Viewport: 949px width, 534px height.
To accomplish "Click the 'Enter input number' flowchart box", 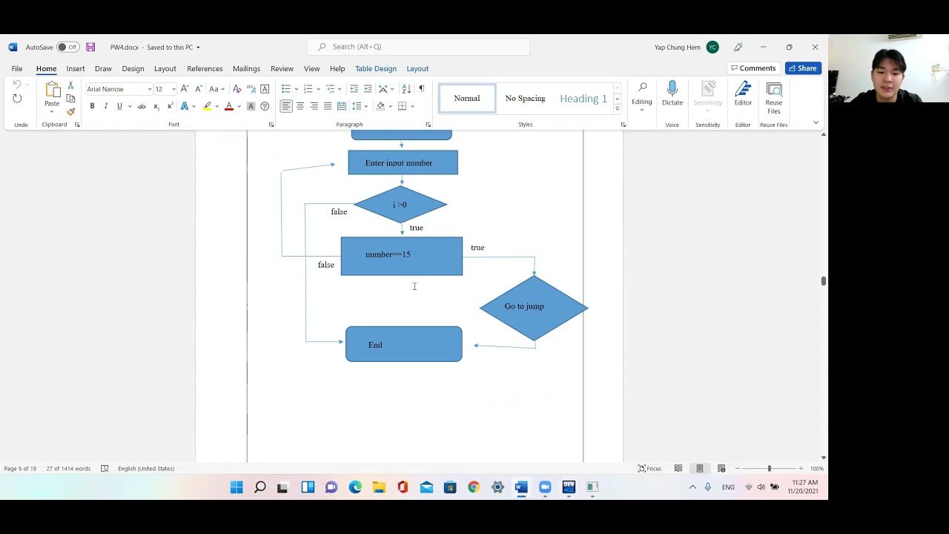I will coord(403,163).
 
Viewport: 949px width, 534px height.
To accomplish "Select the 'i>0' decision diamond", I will coord(400,205).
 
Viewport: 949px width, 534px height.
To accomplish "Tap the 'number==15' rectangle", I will coord(401,256).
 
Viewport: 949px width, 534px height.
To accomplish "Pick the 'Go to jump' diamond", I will coord(533,307).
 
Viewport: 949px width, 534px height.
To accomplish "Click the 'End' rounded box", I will coord(403,344).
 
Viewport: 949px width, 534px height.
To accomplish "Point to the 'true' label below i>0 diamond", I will coord(416,228).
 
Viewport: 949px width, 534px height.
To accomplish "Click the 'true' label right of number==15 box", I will coord(477,248).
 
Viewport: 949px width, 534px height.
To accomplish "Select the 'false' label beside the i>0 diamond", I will coord(339,212).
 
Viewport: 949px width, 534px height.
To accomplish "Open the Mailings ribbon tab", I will coord(246,68).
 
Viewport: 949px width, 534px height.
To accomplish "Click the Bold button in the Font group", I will coord(92,106).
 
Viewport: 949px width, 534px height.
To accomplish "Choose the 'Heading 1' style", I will coord(583,99).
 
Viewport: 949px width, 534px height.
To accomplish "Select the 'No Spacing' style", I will coord(525,99).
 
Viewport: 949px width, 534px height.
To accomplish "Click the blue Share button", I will coord(803,68).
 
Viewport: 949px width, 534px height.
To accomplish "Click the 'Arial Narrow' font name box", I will coord(116,89).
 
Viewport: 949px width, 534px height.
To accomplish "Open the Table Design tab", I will coord(376,68).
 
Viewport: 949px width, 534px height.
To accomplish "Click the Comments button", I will coord(753,68).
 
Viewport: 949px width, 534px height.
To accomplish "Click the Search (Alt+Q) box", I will coord(419,47).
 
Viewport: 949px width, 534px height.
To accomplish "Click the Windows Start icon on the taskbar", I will coord(237,487).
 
